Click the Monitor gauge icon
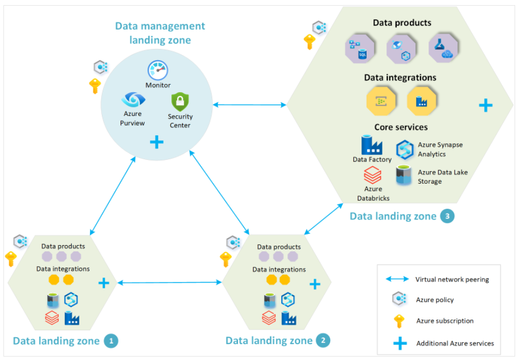coord(158,71)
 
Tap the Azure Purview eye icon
coord(133,100)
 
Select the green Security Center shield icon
coord(180,102)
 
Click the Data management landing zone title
coord(160,33)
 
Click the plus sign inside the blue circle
coord(156,142)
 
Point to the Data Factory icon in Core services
coord(372,145)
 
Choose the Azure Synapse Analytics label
coord(440,150)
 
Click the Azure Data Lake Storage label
coord(442,177)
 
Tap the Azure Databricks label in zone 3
coord(373,193)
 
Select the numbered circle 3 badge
coord(447,216)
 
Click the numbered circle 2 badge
coord(323,341)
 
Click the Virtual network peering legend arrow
coord(397,279)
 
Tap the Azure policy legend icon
coord(398,300)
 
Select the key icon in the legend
coord(398,321)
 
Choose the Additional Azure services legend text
coord(455,343)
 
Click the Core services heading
coord(401,127)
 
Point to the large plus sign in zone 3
coord(485,105)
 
